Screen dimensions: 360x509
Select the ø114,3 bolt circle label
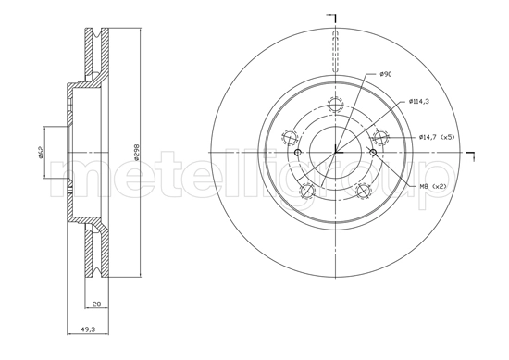418,101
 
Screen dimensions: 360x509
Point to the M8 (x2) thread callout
432,186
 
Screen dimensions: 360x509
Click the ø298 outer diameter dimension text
136,154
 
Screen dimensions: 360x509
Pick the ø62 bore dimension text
41,154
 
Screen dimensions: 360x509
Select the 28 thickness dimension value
96,303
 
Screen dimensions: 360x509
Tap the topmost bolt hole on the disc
336,105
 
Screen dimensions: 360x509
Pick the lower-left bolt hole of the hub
308,191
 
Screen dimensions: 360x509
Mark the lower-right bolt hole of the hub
364,191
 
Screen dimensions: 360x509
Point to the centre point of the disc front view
336,153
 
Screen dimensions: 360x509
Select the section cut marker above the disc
336,19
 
